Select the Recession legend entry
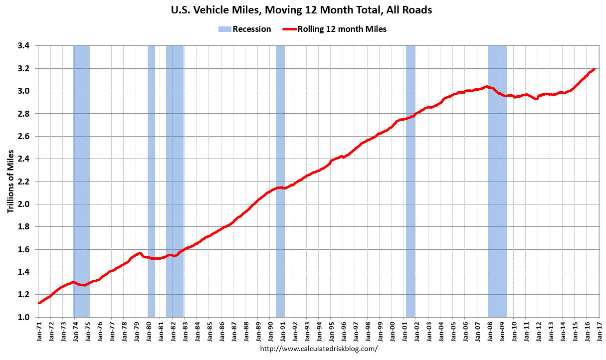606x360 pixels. coord(244,29)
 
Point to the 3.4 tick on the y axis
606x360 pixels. coord(24,46)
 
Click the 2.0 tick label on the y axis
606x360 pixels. coord(24,204)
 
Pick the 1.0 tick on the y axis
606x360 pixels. coord(24,317)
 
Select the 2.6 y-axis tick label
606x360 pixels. coord(24,136)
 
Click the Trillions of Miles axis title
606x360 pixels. coord(10,181)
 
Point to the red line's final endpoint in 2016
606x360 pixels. coord(594,69)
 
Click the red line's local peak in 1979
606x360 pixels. coord(140,253)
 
